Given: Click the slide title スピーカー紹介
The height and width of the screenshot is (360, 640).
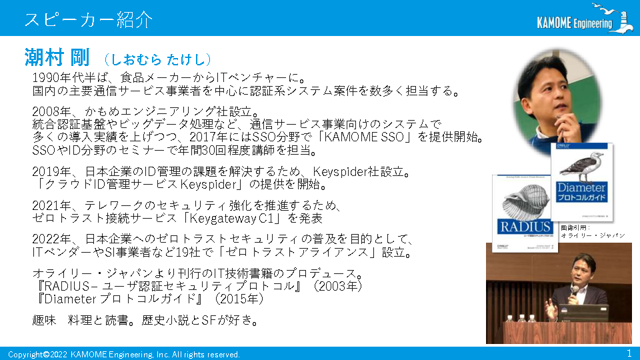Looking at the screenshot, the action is [89, 19].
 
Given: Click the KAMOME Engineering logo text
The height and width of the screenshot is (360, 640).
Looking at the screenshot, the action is [575, 23].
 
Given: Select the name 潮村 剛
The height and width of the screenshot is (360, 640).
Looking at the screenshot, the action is [57, 57].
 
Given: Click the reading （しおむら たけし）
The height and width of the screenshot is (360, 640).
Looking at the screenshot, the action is [157, 59].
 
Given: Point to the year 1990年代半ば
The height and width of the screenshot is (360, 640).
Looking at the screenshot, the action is [70, 77].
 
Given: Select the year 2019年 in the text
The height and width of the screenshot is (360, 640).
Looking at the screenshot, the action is [51, 171].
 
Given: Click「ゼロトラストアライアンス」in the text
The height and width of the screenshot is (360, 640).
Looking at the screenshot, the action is [297, 252].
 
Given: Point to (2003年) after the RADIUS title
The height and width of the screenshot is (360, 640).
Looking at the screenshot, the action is [337, 286].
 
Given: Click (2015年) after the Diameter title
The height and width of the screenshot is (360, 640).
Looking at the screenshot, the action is [239, 299].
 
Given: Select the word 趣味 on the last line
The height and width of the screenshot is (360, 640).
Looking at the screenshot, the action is [44, 320].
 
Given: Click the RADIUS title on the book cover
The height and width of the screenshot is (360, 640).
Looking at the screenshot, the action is [525, 227].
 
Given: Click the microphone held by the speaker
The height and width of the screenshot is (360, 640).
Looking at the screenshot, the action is [574, 292].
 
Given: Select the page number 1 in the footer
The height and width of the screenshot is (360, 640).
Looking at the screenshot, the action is [629, 353].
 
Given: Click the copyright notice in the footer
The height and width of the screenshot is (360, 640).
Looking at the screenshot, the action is [124, 354].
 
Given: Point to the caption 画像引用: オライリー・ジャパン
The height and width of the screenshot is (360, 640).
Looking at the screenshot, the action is [593, 231].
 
